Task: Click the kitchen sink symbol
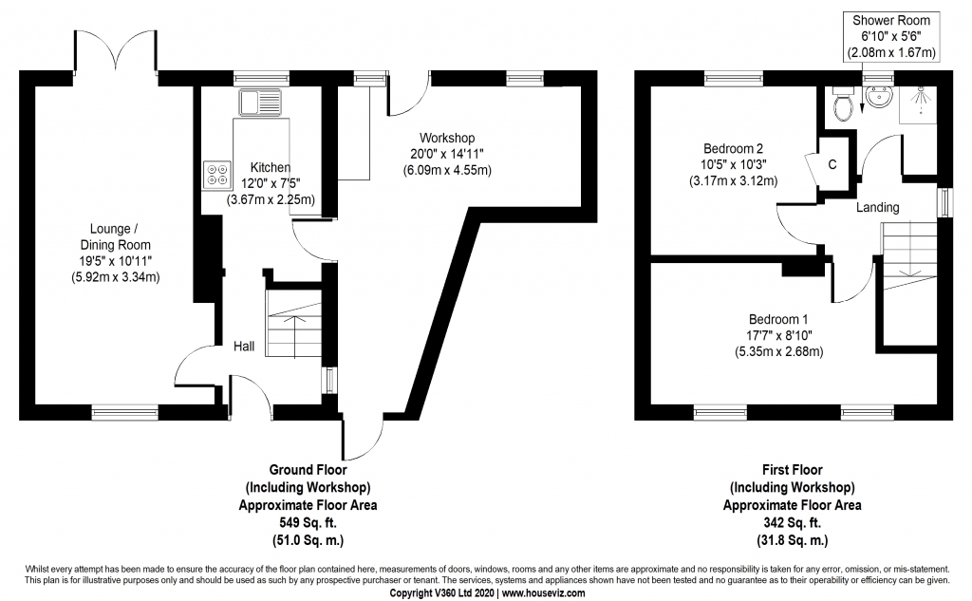(260, 103)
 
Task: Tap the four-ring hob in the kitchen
(217, 175)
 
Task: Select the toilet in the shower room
(843, 104)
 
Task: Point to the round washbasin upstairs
(878, 96)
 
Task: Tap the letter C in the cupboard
(832, 164)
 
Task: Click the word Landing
(878, 207)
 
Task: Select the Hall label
(244, 347)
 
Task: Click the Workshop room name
(447, 138)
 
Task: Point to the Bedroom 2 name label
(734, 148)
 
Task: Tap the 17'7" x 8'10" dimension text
(778, 335)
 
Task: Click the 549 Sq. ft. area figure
(308, 522)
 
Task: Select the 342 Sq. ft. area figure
(793, 522)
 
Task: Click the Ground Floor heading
(308, 470)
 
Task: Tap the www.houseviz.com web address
(543, 593)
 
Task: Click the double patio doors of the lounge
(115, 52)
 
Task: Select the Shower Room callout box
(890, 37)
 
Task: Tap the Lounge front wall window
(124, 411)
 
